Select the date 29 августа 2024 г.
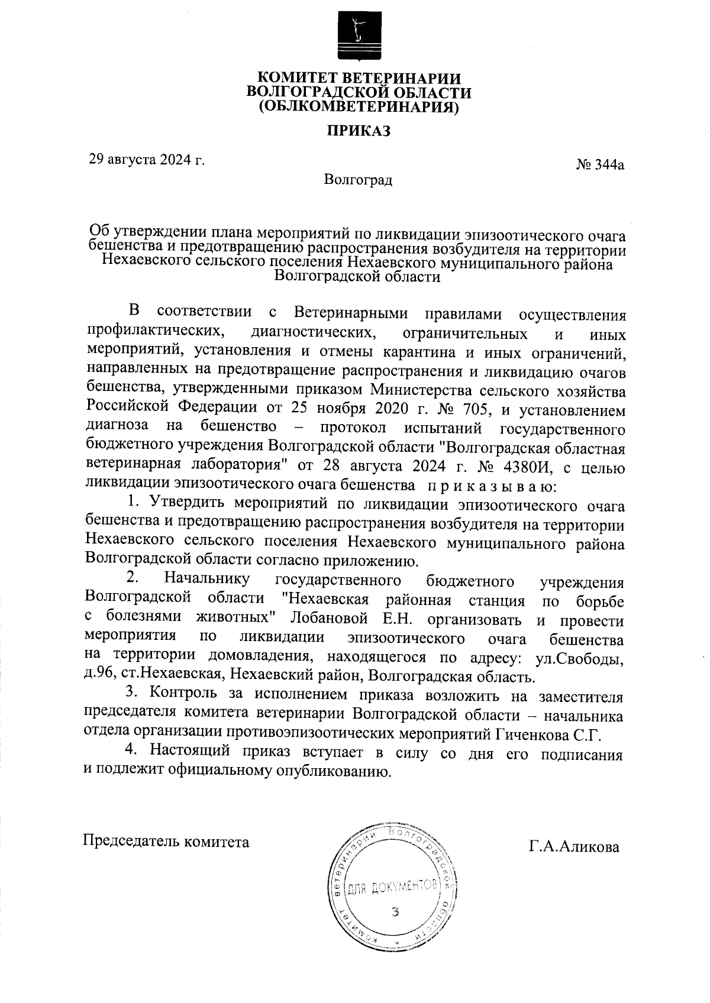(146, 160)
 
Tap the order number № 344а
(600, 165)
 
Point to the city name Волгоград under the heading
(358, 179)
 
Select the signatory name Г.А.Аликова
(574, 847)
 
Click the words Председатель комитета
(166, 841)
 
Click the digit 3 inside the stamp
(396, 911)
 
